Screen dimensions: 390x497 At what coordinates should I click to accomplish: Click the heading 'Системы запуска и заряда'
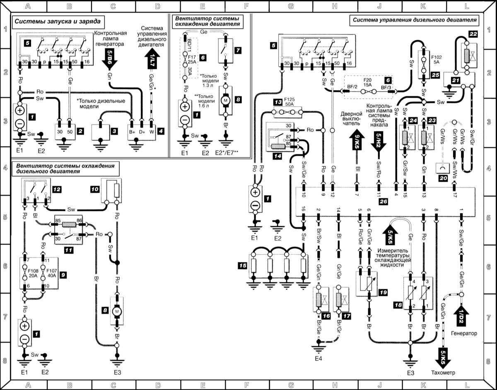pos(58,21)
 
